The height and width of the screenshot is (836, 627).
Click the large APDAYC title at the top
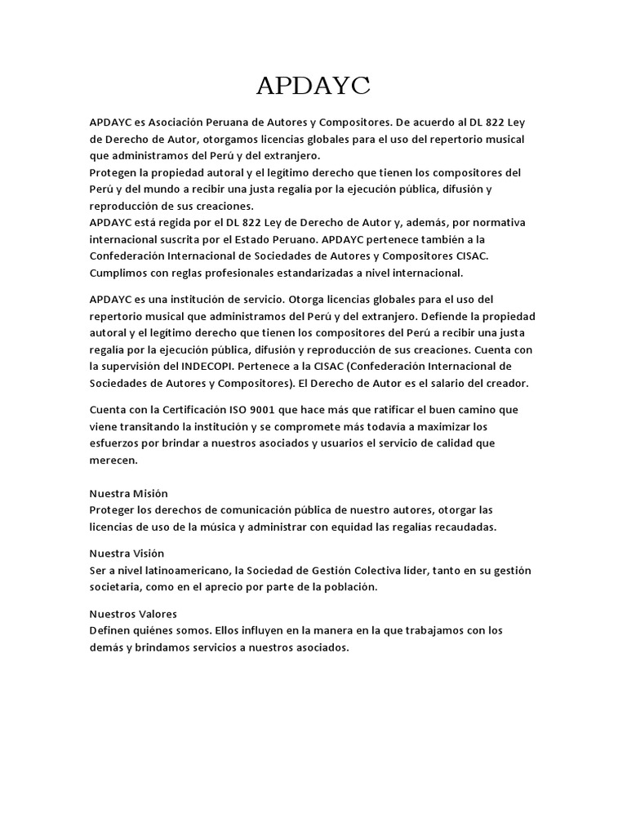click(313, 85)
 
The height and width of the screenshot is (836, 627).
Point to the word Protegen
click(114, 172)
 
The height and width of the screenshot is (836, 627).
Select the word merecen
click(113, 460)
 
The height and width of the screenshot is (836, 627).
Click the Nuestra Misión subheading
click(128, 493)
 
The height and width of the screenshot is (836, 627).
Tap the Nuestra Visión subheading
click(127, 554)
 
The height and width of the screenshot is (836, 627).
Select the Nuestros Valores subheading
click(132, 613)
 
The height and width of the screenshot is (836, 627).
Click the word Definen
click(112, 630)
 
